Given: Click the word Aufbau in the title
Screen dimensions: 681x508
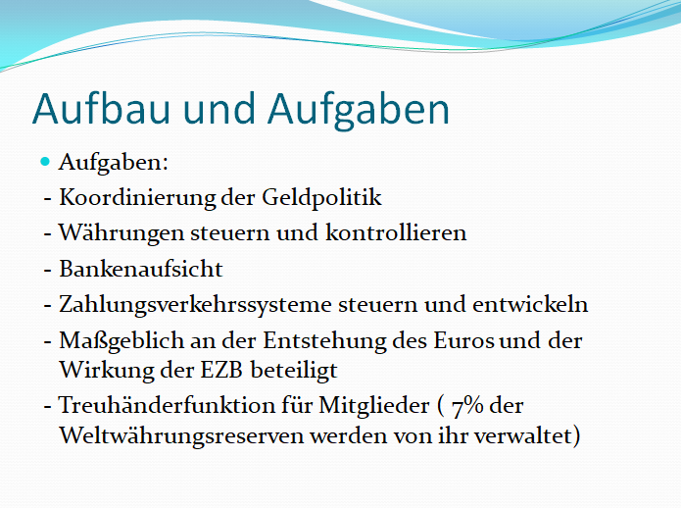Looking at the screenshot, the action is [101, 109].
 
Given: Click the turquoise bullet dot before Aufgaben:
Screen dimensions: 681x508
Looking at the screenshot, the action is [45, 162].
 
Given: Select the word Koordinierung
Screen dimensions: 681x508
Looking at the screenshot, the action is [137, 199].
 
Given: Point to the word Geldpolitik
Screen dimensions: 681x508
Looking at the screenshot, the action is [321, 199].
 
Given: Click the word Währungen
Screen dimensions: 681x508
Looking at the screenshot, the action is [122, 233].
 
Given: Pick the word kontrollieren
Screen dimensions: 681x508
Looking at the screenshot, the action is [396, 232].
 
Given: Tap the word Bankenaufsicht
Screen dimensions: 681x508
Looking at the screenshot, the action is [141, 269].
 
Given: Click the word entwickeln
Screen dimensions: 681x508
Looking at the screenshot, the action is [530, 304].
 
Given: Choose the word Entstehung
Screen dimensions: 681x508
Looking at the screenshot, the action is [324, 341].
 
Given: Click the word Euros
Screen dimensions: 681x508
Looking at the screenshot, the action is [463, 340].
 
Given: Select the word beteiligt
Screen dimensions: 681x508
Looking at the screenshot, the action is [294, 372].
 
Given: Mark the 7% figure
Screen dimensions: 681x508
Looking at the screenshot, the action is [467, 406].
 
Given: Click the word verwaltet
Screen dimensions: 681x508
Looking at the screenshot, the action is [522, 435].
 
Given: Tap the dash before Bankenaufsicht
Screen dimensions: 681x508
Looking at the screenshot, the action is [48, 271].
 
